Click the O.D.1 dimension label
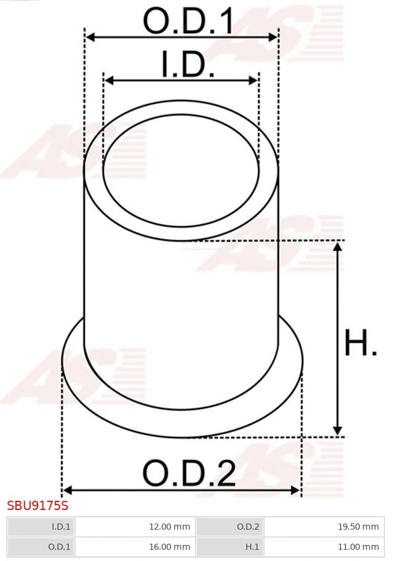pyautogui.click(x=188, y=22)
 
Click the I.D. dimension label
pyautogui.click(x=188, y=65)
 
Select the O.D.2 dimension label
pyautogui.click(x=189, y=473)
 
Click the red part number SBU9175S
pyautogui.click(x=38, y=506)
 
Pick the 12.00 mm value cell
pyautogui.click(x=135, y=527)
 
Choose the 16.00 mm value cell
pyautogui.click(x=135, y=546)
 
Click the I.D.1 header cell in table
pyautogui.click(x=41, y=527)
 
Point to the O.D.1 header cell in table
pyautogui.click(x=41, y=546)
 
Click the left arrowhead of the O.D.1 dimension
pyautogui.click(x=90, y=37)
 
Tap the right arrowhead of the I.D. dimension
pyautogui.click(x=253, y=80)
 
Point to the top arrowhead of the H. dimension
pyautogui.click(x=337, y=246)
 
